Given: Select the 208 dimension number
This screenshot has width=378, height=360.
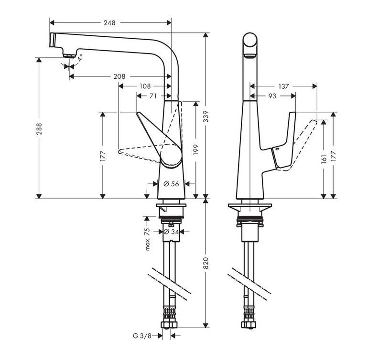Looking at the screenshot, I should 120,76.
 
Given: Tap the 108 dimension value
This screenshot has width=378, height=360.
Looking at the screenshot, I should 145,86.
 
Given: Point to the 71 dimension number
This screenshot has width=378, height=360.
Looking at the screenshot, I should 153,96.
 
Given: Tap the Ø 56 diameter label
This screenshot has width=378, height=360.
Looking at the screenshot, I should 171,183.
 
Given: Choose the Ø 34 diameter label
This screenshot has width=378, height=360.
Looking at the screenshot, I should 171,232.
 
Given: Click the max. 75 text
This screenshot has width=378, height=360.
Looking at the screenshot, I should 148,238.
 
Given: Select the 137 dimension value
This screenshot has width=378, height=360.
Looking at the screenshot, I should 283,86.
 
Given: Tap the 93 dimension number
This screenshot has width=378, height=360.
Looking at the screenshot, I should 272,96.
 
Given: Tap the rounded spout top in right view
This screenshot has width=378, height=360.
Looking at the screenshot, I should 250,41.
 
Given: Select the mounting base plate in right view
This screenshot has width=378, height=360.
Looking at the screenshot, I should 250,207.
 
